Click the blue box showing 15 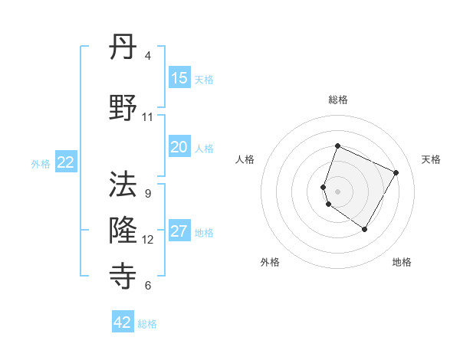[x=179, y=78]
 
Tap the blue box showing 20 [x=179, y=148]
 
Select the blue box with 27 [x=179, y=232]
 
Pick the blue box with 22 [x=66, y=162]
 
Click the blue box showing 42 [x=123, y=322]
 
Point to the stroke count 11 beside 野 [x=148, y=117]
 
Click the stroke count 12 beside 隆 [x=148, y=240]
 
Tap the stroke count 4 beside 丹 [x=148, y=56]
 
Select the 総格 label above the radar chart [x=338, y=100]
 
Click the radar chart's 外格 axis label [x=270, y=262]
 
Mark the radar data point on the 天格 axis [x=396, y=172]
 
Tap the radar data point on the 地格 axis [x=365, y=229]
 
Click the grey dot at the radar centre [x=338, y=191]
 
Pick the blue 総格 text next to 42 [x=147, y=324]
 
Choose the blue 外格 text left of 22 [x=41, y=163]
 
